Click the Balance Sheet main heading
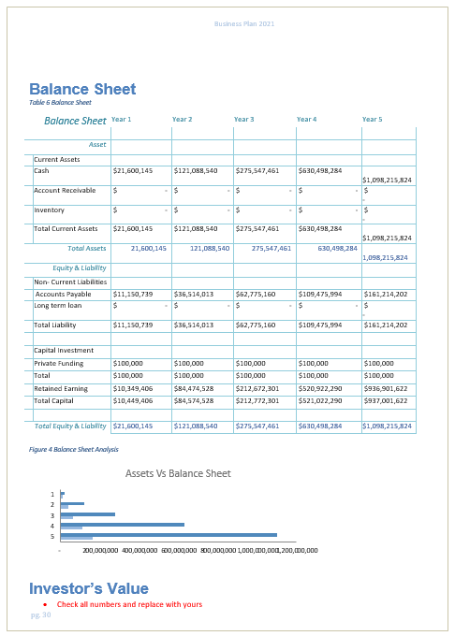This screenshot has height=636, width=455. point(82,90)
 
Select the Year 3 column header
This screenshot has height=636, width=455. point(243,120)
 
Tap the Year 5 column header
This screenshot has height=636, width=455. point(372,120)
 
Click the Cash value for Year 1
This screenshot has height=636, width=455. point(132,171)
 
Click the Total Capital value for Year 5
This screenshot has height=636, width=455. point(386,400)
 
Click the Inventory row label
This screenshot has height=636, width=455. point(49,210)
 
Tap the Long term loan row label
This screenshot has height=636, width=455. point(57,306)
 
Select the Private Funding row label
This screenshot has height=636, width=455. point(58,363)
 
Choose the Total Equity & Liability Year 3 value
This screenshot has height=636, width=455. point(257,426)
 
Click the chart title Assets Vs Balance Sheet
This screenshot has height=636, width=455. point(178,473)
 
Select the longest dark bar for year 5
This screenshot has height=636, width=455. point(169,534)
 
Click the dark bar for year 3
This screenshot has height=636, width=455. point(88,513)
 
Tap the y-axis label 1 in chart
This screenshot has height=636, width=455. point(52,494)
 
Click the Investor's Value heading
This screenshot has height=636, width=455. point(88,588)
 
